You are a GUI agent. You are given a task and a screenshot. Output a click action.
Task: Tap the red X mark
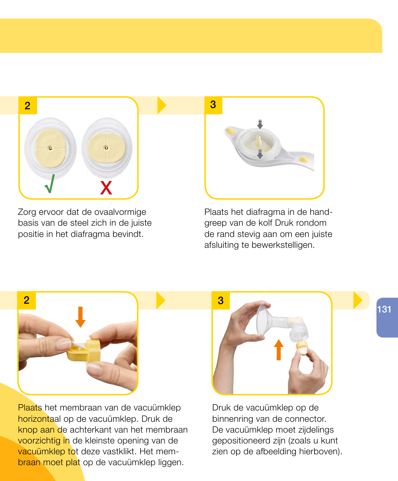[x=106, y=189]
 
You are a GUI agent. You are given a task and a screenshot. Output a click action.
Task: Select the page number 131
[x=384, y=309]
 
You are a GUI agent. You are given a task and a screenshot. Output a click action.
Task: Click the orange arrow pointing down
[x=81, y=317]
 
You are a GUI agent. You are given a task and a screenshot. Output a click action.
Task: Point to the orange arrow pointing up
[x=279, y=350]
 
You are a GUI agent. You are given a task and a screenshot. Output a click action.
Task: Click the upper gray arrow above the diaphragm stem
[x=260, y=124]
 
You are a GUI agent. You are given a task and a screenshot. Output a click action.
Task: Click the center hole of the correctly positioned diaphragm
[x=50, y=148]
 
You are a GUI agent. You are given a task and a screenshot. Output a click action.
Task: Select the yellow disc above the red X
[x=106, y=148]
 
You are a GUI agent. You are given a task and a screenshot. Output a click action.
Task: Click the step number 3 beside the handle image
[x=213, y=105]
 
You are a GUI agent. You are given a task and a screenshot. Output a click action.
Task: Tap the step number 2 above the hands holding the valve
[x=27, y=300]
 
